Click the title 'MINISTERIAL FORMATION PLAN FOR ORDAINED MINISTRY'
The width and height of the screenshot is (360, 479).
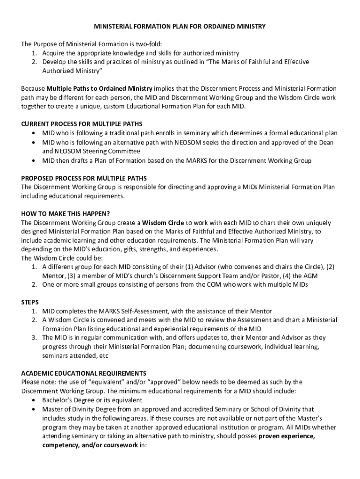(180, 27)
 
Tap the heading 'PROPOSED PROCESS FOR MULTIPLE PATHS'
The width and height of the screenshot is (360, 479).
(84, 178)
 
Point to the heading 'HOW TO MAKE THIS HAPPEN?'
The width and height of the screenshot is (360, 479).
(66, 214)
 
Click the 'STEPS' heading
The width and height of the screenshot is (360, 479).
(30, 302)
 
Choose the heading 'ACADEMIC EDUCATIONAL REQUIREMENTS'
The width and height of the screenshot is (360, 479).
(84, 373)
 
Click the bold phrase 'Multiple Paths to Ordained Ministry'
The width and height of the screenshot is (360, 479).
(99, 88)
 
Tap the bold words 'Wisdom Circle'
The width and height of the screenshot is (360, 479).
(163, 222)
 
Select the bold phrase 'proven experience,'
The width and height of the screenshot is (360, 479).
(287, 436)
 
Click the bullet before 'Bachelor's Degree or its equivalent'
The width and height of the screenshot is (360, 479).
(34, 400)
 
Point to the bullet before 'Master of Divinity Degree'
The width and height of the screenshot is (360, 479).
(34, 409)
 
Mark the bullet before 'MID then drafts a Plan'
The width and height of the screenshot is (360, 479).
(34, 160)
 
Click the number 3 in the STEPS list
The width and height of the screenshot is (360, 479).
(34, 337)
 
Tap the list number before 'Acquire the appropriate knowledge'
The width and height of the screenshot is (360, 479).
(34, 53)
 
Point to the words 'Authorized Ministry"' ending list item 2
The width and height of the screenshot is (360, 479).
(72, 71)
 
